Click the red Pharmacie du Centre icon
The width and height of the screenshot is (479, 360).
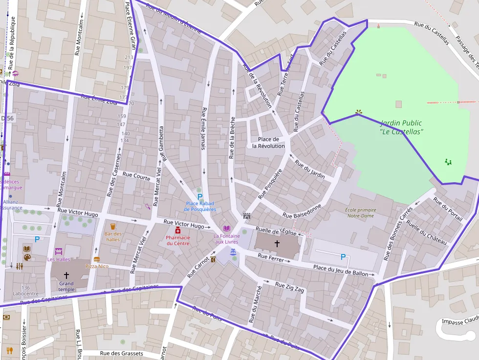coord(178,230)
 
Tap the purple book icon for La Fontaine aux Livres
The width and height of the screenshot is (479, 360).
coord(226,228)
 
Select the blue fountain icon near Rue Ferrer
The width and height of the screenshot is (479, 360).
coord(233,251)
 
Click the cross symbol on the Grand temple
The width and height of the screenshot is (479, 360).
coord(66,275)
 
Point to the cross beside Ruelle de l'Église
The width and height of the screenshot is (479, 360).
coord(277,243)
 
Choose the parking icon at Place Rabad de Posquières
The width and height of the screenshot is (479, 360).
coord(200,196)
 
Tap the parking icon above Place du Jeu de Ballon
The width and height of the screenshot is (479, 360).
coord(343,256)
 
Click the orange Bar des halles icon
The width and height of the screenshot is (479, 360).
coord(113,227)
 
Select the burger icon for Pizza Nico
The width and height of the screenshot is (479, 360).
coord(97,259)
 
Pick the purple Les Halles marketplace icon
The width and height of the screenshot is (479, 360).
coord(59,252)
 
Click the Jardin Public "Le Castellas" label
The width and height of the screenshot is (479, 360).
coord(401,127)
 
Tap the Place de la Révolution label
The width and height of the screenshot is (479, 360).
coord(268,143)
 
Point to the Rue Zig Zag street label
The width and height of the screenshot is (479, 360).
coord(289,287)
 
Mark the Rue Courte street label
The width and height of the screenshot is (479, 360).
coord(136,176)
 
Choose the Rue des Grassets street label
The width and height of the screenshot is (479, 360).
coord(121,354)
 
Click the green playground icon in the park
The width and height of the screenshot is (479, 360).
coord(448,162)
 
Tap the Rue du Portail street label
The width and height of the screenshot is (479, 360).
coord(447,210)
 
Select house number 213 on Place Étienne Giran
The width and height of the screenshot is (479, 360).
coord(129,58)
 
